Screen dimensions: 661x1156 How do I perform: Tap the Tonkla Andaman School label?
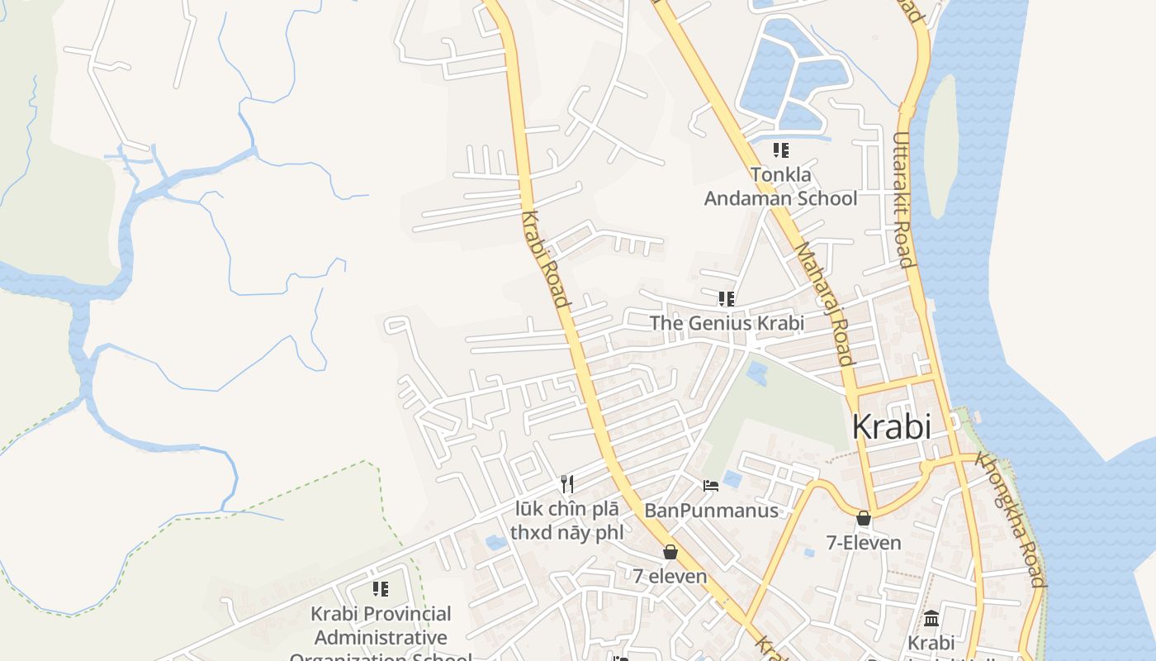tap(780, 187)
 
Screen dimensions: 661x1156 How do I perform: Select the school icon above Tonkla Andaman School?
tap(780, 150)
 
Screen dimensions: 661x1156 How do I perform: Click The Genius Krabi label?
tap(727, 323)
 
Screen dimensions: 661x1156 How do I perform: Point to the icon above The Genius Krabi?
tap(726, 298)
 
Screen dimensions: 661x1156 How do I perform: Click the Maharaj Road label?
tap(822, 303)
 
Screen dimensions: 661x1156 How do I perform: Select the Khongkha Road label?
tap(1011, 518)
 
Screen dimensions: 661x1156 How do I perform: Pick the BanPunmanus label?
tap(711, 511)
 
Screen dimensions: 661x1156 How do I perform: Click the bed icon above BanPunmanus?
tap(710, 486)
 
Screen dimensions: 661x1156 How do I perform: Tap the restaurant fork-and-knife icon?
tap(566, 483)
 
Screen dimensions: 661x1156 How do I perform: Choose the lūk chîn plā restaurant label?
tap(566, 521)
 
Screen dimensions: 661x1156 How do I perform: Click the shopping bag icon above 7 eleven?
tap(670, 552)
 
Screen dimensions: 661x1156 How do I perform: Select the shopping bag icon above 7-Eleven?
tap(864, 519)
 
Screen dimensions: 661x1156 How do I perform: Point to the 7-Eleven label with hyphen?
tap(864, 543)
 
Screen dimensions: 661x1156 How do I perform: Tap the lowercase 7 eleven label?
tap(670, 576)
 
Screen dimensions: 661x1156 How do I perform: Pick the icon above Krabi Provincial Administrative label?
tap(381, 589)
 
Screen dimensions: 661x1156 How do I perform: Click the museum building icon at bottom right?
tap(931, 618)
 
